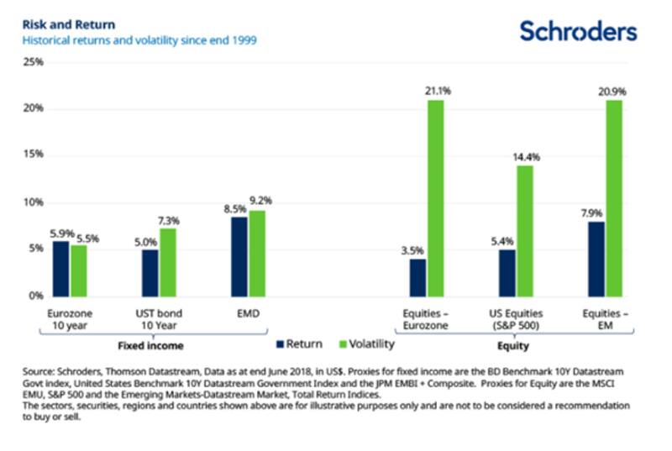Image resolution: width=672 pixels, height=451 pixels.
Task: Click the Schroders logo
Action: point(578,32)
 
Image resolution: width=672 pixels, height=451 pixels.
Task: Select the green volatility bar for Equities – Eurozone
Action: point(434,198)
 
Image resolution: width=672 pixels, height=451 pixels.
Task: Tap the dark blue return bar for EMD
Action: point(239,256)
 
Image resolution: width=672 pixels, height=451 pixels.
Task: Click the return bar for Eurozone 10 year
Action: point(60,268)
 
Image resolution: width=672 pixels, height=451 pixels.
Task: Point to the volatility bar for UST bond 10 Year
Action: point(167,261)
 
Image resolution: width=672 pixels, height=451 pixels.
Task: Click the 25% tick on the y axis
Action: point(33,62)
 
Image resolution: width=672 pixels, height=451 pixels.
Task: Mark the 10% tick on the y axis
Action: point(33,202)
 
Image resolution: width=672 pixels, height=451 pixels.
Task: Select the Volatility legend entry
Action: point(362,344)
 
